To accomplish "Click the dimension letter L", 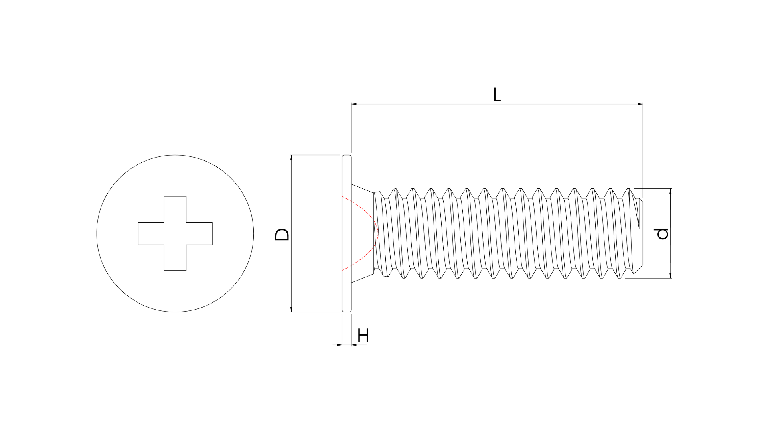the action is pos(497,95).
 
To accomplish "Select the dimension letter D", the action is pos(282,235).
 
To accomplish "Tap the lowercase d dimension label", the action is pos(663,234).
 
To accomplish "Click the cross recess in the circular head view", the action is pos(175,233).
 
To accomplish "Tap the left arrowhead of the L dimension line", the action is pos(354,104).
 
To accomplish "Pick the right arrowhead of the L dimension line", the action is pos(640,104).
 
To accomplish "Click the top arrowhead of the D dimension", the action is pos(292,158).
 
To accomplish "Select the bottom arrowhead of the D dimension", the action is pos(292,309).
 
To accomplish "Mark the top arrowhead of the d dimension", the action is pos(671,192).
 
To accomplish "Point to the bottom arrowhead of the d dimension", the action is pos(671,275).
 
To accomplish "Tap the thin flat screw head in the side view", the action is pos(347,233).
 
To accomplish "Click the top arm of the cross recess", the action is pos(175,209).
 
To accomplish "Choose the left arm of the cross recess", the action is pos(151,233).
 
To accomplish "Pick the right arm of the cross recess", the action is pos(199,233).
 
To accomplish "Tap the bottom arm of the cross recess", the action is pos(175,257).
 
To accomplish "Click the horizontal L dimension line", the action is pos(497,104).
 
